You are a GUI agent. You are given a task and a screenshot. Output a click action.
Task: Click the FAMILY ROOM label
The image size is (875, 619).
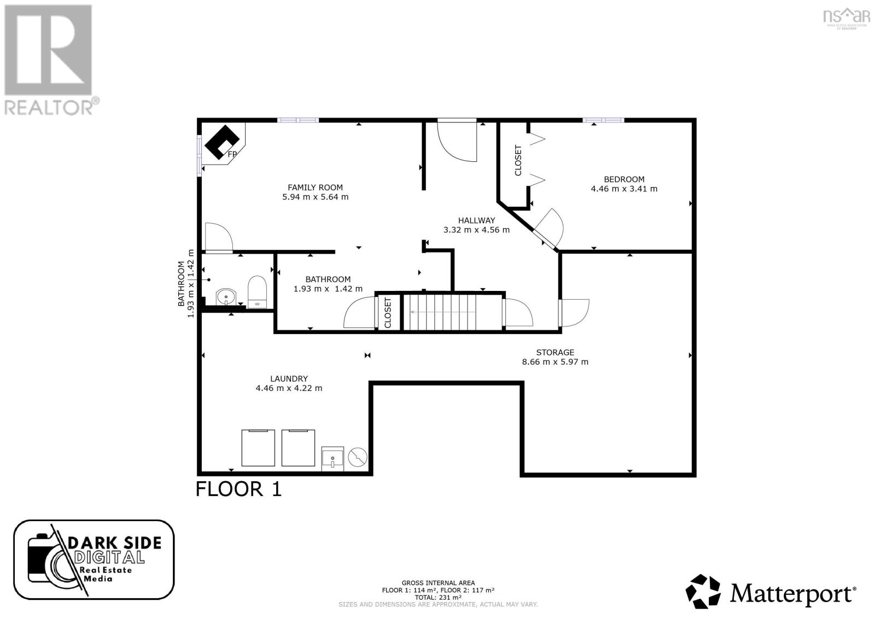coord(315,188)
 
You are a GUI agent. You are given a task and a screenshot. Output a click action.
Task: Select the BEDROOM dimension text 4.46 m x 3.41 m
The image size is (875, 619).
coord(623,189)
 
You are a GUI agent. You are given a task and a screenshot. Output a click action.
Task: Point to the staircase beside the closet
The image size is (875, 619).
coord(452,312)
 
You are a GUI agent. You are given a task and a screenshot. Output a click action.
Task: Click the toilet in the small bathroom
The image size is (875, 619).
coord(256,291)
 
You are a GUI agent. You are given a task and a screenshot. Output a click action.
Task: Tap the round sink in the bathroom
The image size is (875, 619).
coord(225,297)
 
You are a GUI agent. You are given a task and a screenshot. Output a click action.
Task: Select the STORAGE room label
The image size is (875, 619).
coord(555,353)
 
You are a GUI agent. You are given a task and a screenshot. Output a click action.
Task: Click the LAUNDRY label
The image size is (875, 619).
coord(289,379)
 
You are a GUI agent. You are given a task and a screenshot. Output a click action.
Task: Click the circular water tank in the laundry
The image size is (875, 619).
coord(358,457)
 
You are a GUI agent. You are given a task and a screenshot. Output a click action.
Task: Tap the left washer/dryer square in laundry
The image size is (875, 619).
coord(258,447)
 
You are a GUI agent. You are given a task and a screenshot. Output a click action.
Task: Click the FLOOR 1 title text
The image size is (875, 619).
coord(238,488)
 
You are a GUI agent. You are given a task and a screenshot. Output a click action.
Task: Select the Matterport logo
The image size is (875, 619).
coord(771,592)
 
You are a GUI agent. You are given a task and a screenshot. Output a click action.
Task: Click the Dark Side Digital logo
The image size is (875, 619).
coord(94,559)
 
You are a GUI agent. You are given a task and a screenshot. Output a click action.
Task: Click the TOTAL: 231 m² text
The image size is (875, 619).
coord(437,598)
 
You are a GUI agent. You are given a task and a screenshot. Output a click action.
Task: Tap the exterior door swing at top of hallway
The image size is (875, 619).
coord(457,141)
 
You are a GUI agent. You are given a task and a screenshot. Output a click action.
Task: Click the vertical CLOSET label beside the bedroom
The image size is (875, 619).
coord(518,160)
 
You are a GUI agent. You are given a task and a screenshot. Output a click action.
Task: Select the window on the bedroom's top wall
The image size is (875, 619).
coord(603,120)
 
